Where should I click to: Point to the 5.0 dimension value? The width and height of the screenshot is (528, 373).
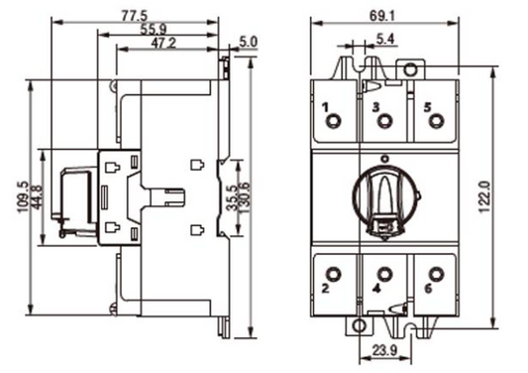tap(248, 43)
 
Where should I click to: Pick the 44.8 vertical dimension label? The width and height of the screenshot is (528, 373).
tap(38, 194)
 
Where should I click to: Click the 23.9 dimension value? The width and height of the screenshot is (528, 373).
tap(379, 350)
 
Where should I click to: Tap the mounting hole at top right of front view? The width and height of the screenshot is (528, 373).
tap(407, 69)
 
